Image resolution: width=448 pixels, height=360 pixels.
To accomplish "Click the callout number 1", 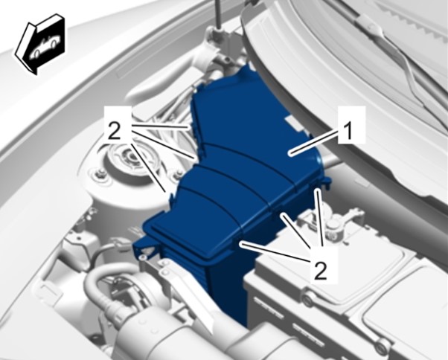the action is [348, 132].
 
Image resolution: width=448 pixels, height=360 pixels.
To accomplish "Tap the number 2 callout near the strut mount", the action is [115, 131].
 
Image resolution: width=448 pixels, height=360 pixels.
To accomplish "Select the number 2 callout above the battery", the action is [320, 270].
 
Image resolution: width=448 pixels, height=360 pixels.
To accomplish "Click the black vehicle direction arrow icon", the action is [40, 44].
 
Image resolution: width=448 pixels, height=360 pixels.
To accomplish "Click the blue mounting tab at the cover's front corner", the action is [145, 248].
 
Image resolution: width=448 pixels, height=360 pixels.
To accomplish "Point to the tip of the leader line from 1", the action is [289, 154].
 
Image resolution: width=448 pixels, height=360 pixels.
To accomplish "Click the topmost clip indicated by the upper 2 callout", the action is [190, 127].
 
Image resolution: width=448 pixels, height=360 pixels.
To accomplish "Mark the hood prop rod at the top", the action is [219, 14].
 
